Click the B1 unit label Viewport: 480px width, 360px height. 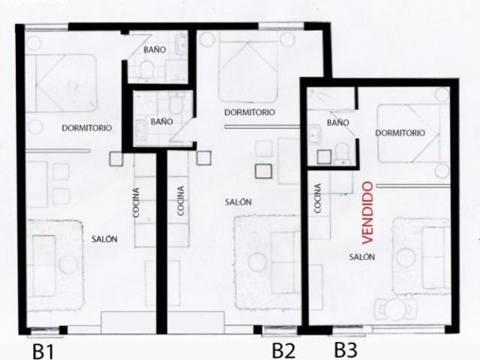(43, 350)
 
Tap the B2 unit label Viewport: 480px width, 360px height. (283, 349)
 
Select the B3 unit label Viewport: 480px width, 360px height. (345, 349)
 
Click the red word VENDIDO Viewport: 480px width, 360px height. (367, 212)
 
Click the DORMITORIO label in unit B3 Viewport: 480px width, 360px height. (400, 133)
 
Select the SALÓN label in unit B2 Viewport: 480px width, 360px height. (238, 202)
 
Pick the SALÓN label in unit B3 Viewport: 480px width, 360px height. (362, 256)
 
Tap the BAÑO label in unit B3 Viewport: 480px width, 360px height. (337, 121)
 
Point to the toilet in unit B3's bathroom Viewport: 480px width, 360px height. (341, 152)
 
